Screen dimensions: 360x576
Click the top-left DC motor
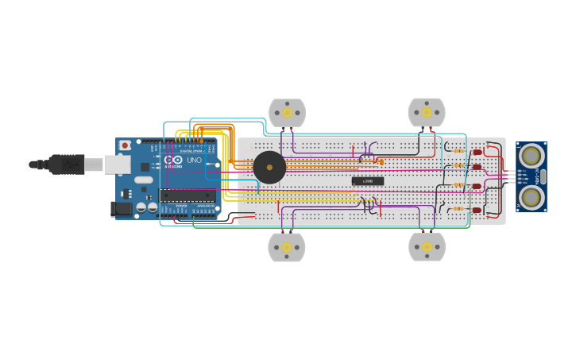point(287,113)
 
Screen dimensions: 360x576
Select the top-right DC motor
point(427,112)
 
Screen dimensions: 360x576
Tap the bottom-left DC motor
point(287,247)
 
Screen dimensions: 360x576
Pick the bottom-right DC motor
point(427,247)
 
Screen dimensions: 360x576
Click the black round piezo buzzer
point(269,168)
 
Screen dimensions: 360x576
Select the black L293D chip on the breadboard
point(367,181)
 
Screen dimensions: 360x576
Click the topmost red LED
point(477,152)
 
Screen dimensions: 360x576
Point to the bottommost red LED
point(477,210)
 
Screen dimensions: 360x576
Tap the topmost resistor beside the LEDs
point(458,151)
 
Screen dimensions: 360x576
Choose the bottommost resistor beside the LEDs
point(458,209)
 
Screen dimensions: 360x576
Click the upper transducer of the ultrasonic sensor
point(531,157)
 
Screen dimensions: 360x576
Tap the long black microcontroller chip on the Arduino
point(187,195)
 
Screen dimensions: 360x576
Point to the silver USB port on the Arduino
point(117,165)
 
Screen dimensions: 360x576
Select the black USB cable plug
point(67,165)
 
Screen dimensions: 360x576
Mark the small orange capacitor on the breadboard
point(381,162)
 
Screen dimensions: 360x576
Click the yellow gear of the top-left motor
point(287,113)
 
